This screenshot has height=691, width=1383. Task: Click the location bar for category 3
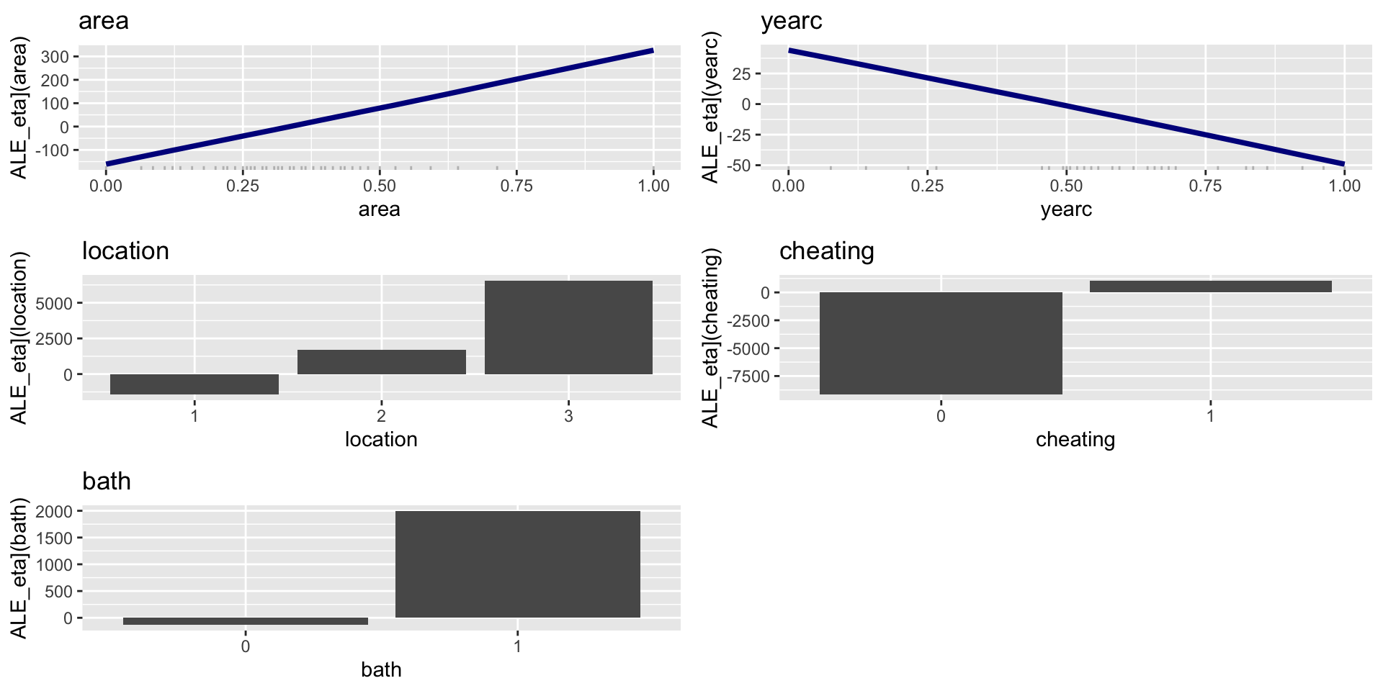pyautogui.click(x=568, y=328)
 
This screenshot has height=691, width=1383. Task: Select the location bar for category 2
pyautogui.click(x=381, y=362)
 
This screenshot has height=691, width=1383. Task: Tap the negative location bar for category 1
pyautogui.click(x=194, y=384)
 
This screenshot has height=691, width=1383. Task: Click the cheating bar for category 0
pyautogui.click(x=941, y=343)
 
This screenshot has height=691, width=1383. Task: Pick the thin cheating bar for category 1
pyautogui.click(x=1210, y=286)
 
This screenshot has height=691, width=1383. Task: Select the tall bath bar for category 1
pyautogui.click(x=517, y=564)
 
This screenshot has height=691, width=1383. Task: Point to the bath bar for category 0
pyautogui.click(x=246, y=621)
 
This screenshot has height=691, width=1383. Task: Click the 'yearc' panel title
pyautogui.click(x=791, y=21)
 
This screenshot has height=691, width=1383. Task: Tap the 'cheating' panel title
pyautogui.click(x=826, y=251)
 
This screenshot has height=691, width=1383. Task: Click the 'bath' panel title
pyautogui.click(x=107, y=481)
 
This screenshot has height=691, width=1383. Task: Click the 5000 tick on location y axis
pyautogui.click(x=53, y=304)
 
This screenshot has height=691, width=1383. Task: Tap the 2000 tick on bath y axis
pyautogui.click(x=54, y=512)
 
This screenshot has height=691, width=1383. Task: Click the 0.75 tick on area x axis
pyautogui.click(x=516, y=186)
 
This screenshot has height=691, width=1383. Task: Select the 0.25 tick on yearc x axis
pyautogui.click(x=927, y=186)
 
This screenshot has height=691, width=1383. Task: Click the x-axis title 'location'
pyautogui.click(x=381, y=439)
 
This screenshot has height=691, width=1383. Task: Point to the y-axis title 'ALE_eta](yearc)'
pyautogui.click(x=711, y=108)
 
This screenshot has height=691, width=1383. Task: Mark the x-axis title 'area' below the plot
pyautogui.click(x=380, y=209)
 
